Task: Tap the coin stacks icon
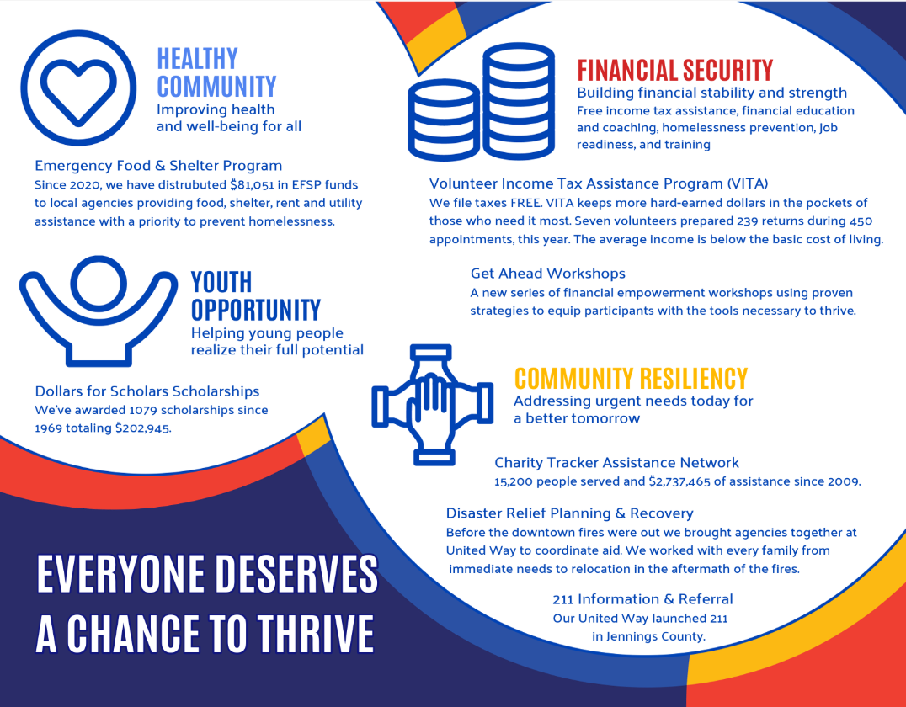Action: tap(482, 102)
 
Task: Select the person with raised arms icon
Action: tap(99, 311)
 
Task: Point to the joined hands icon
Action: tap(432, 405)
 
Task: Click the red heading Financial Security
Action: tap(675, 71)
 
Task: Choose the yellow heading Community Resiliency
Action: tap(631, 379)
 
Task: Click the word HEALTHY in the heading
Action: tap(197, 59)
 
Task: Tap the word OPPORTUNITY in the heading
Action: tap(255, 311)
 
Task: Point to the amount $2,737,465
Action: tap(679, 481)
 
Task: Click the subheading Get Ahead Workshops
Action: tap(548, 274)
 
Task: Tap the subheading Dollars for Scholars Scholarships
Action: tap(147, 391)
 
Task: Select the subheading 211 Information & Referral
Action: tap(642, 599)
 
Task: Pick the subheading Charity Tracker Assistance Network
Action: tap(616, 463)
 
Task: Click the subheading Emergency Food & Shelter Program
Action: tap(158, 166)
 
